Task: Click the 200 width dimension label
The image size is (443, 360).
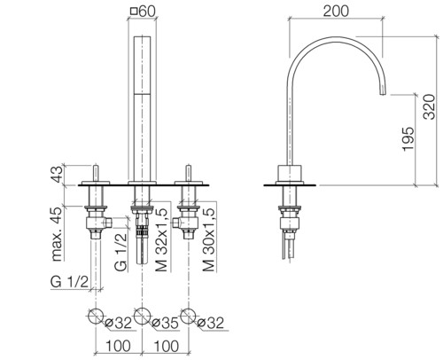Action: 336,11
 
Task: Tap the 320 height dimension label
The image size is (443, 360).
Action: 429,106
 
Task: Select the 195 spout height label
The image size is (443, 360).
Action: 408,139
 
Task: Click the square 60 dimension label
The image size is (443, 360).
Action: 143,12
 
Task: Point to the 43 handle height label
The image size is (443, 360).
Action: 57,174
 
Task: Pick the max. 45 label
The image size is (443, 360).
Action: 57,234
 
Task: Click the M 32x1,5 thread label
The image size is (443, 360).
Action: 161,239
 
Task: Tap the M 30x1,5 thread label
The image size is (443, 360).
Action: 208,239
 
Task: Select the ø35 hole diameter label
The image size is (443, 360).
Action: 165,323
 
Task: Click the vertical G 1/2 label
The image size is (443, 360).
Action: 121,252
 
